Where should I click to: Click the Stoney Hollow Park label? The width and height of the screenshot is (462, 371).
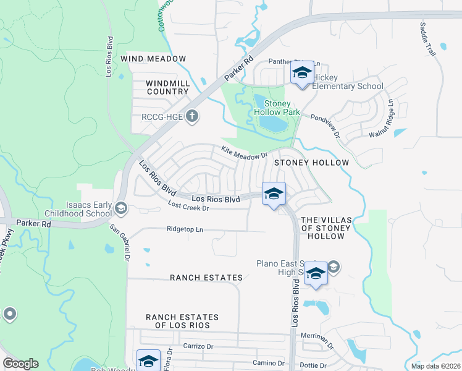pyautogui.click(x=282, y=108)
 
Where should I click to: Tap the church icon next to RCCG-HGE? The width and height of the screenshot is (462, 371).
pyautogui.click(x=192, y=116)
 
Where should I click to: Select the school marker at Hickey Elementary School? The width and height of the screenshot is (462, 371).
pyautogui.click(x=301, y=74)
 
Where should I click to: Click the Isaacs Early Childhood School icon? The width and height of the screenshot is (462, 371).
pyautogui.click(x=120, y=208)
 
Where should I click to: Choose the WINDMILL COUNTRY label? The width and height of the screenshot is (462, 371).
pyautogui.click(x=167, y=87)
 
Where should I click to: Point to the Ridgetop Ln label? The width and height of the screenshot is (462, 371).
pyautogui.click(x=185, y=229)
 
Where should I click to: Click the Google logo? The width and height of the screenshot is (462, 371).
pyautogui.click(x=20, y=364)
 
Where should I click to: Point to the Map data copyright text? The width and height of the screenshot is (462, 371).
pyautogui.click(x=435, y=366)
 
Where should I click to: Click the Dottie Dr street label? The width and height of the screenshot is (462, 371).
pyautogui.click(x=313, y=365)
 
